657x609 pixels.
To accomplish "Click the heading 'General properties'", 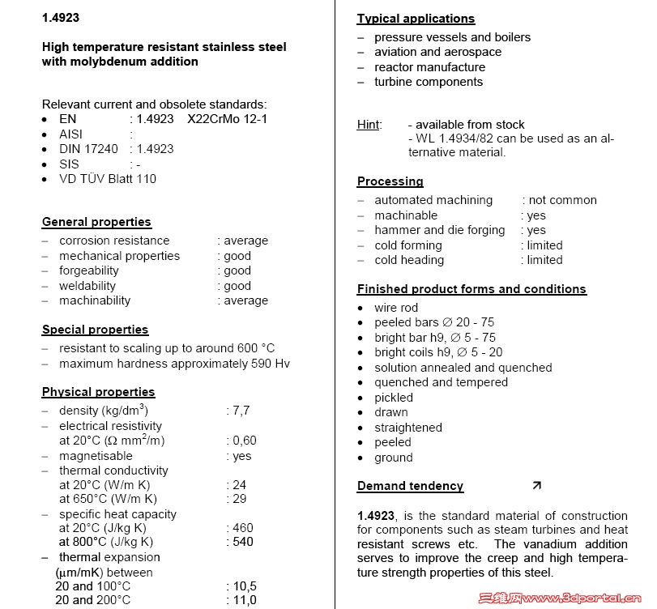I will (96, 222).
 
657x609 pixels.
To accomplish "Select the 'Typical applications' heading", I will (416, 19).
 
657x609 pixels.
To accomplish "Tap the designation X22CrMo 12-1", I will (227, 119).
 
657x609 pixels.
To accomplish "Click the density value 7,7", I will (241, 411).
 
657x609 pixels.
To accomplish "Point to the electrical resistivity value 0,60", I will (244, 441).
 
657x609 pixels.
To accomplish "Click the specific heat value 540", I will (243, 542).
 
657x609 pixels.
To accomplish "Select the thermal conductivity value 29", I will (240, 499).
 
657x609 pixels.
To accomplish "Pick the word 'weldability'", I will (87, 286).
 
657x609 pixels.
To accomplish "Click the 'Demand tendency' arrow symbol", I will (536, 486).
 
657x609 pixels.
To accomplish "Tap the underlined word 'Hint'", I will (369, 125).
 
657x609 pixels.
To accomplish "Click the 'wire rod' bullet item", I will (396, 308).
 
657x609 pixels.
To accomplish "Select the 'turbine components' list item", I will (428, 82).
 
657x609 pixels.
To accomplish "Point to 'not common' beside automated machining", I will (562, 200).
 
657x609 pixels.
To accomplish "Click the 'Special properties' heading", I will (95, 330).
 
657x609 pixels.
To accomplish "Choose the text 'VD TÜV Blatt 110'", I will (108, 179).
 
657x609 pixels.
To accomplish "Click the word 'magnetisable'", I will (96, 456).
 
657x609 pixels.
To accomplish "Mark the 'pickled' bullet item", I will (394, 398).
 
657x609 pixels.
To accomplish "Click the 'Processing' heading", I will (390, 181).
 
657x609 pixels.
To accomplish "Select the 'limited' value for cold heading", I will (544, 260).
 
